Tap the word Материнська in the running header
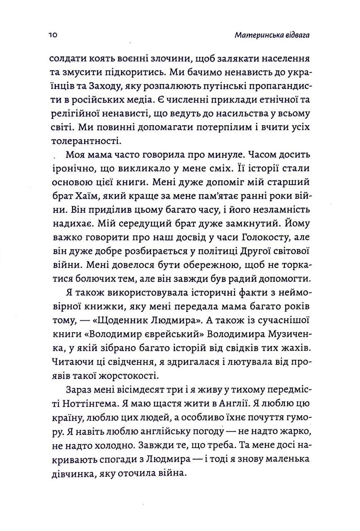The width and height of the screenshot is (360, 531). click(255, 36)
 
